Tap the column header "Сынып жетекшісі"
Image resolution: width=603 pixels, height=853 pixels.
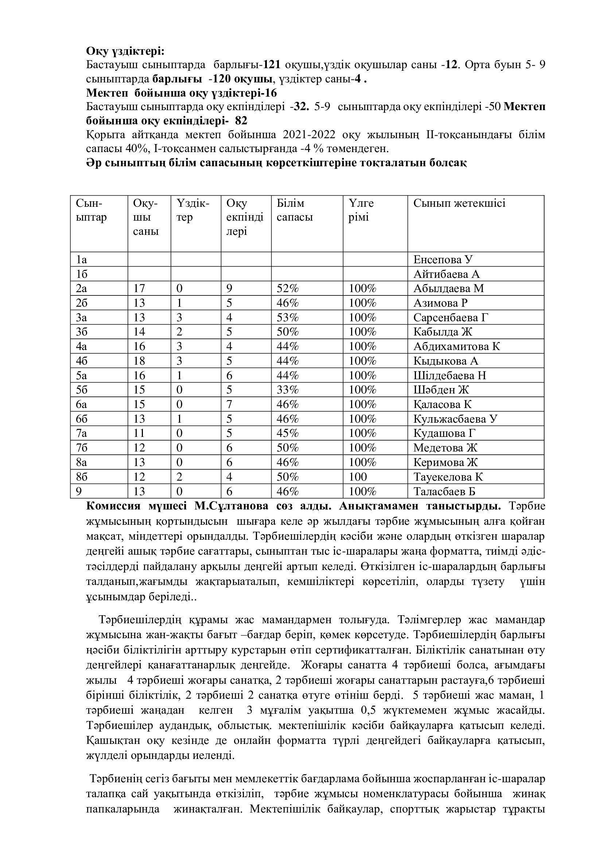click(459, 203)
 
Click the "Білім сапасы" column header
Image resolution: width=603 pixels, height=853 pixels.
click(295, 210)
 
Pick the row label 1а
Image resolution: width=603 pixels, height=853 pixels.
click(81, 259)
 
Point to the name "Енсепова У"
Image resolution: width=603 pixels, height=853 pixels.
click(443, 259)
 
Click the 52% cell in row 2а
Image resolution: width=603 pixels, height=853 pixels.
click(288, 288)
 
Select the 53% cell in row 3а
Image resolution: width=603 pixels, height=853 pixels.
click(288, 317)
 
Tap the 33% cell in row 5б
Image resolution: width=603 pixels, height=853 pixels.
click(288, 390)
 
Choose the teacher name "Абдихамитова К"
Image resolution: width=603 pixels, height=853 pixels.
click(457, 346)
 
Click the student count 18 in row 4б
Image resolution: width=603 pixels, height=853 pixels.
click(139, 361)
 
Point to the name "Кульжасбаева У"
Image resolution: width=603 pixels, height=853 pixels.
click(455, 419)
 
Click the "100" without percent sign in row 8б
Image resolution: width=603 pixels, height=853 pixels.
click(358, 477)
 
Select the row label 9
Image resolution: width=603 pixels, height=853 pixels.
click(79, 491)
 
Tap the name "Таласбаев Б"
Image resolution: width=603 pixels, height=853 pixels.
click(444, 491)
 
